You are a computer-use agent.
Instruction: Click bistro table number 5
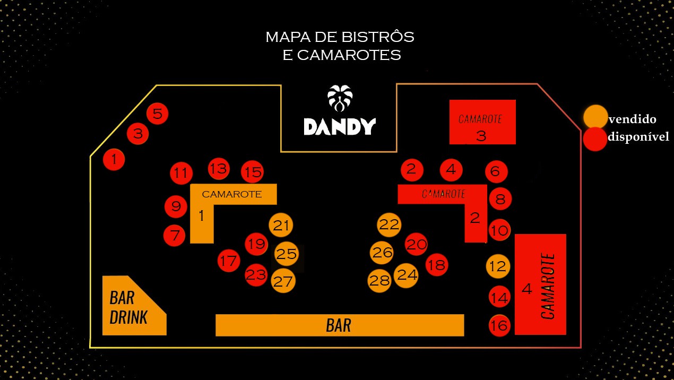[158, 114]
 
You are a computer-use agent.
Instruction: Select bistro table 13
[218, 169]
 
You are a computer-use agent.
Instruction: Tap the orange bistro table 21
[281, 226]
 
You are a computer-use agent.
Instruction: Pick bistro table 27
[283, 281]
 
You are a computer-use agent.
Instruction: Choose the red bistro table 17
[229, 261]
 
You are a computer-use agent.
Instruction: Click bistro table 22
[388, 225]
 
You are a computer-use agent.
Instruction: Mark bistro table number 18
[436, 265]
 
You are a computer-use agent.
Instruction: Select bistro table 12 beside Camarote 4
[498, 266]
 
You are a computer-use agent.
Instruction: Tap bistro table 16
[499, 325]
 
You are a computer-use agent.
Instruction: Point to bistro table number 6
[496, 171]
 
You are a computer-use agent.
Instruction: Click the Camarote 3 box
[482, 122]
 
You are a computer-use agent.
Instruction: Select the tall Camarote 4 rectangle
[540, 284]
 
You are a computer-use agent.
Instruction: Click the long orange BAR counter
[340, 325]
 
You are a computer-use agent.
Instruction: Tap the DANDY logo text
[340, 126]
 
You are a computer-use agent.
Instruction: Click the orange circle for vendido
[595, 116]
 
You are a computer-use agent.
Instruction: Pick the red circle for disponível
[595, 139]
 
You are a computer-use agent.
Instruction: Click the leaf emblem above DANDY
[340, 97]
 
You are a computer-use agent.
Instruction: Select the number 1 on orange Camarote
[201, 215]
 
